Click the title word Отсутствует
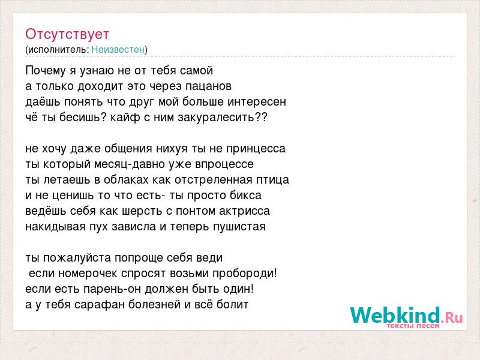coord(67,34)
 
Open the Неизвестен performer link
coord(118,49)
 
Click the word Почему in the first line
coord(46,71)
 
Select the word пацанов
coord(208,86)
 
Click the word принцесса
coord(256,149)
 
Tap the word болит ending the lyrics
coord(232,305)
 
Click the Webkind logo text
coord(406,315)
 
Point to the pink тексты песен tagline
coord(413,326)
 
